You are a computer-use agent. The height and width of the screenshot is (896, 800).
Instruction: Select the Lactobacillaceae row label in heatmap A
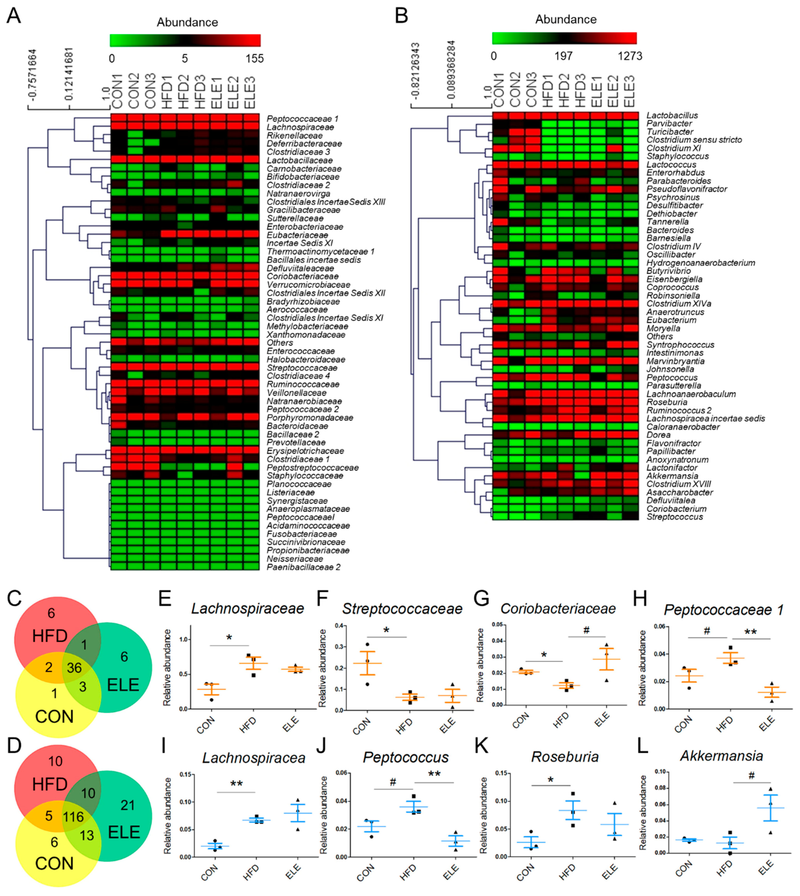coord(299,160)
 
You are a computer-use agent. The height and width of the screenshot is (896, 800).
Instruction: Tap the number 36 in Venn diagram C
coord(74,668)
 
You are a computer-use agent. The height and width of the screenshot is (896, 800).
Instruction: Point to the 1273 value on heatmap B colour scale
coord(630,56)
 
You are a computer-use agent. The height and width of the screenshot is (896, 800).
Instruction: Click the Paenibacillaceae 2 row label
coord(303,567)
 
